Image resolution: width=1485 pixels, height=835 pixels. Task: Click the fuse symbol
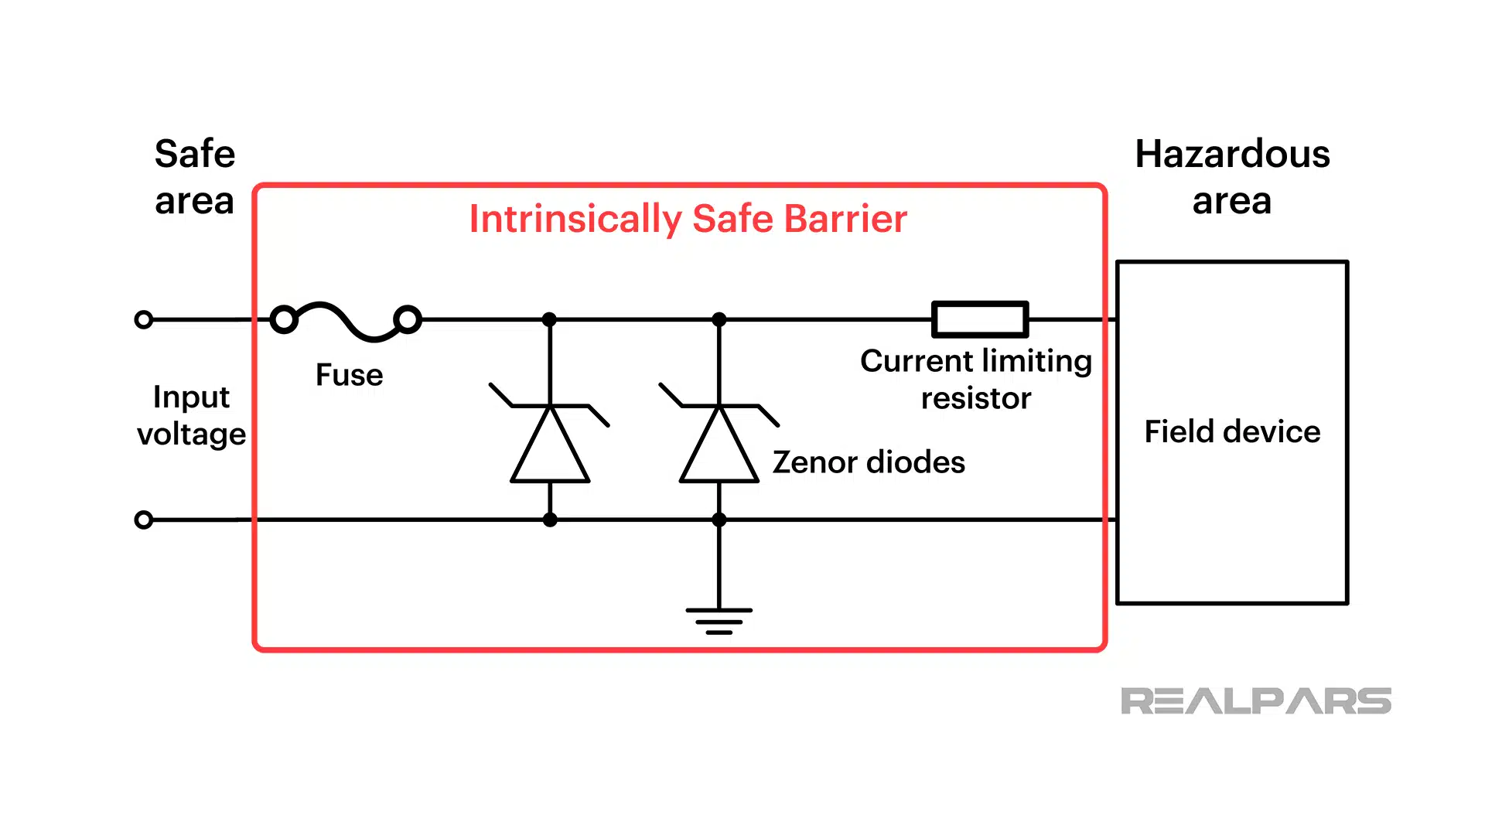[346, 320]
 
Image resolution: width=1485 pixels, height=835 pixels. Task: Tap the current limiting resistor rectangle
[980, 319]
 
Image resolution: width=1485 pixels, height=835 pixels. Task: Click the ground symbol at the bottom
[719, 620]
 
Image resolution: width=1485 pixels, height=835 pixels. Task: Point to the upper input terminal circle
[144, 319]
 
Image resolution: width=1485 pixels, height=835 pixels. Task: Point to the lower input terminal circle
[144, 520]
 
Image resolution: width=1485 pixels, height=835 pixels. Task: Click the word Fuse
[349, 375]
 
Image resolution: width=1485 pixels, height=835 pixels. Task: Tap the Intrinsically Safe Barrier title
[688, 219]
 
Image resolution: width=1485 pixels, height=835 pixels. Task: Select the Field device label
[1232, 431]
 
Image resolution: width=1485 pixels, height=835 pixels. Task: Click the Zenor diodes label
[868, 462]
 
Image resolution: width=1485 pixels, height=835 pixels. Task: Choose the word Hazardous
[1232, 154]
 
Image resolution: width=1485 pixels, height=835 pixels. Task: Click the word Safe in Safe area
[195, 154]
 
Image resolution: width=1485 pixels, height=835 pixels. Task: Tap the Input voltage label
[191, 415]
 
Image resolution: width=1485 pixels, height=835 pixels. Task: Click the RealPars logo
[1255, 701]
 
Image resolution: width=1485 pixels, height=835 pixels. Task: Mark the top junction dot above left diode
[550, 319]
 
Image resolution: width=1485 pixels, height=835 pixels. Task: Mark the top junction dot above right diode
[719, 319]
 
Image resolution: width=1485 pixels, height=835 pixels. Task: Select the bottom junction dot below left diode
[550, 520]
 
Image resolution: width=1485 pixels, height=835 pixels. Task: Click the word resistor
[976, 399]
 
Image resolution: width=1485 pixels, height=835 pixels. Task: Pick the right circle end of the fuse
[408, 319]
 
